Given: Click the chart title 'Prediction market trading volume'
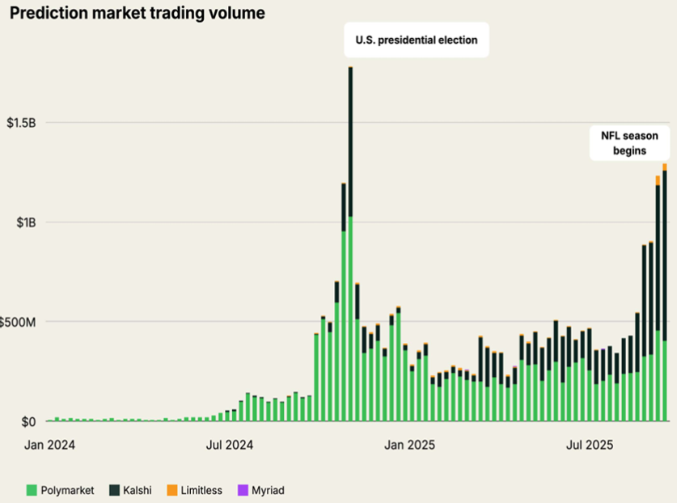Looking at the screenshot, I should (x=133, y=14).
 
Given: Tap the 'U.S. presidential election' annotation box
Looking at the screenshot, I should (x=417, y=39).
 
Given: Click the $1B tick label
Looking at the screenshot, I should (x=27, y=222).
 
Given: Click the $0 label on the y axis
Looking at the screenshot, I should (x=28, y=421).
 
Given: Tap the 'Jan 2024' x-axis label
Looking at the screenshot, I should (x=50, y=444).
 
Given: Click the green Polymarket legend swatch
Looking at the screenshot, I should (x=32, y=490).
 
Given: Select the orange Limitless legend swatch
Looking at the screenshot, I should (x=172, y=490).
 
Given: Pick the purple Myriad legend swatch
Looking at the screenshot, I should (x=243, y=490).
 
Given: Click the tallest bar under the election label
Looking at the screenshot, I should (x=350, y=243).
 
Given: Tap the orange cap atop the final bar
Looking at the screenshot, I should (x=664, y=167).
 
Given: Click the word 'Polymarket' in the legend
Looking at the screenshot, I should (x=69, y=490).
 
